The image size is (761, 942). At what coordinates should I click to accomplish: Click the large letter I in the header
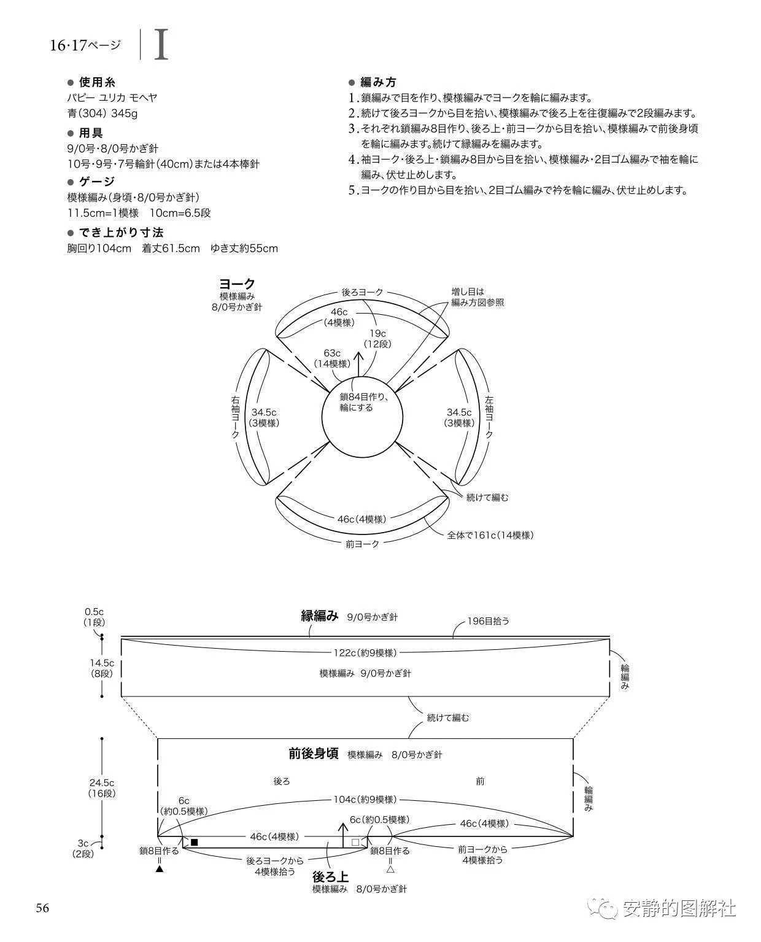point(161,44)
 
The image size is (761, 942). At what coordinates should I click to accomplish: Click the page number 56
point(42,908)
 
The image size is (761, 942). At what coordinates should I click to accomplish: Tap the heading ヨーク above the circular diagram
point(237,284)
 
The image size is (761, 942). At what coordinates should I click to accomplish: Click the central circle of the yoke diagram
point(362,417)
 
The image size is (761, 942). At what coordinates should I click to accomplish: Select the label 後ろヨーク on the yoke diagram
point(362,292)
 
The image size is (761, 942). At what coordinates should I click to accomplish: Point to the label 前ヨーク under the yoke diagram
point(362,544)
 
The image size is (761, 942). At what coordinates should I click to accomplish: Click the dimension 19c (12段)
point(377,339)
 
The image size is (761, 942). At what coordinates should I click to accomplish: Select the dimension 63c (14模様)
point(332,358)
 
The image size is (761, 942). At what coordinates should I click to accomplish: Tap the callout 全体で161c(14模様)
point(490,535)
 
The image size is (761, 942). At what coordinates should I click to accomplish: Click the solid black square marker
point(194,843)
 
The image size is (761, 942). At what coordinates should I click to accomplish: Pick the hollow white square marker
point(355,843)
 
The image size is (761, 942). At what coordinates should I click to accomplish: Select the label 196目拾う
point(489,621)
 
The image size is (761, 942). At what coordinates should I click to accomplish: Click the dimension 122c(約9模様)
point(365,653)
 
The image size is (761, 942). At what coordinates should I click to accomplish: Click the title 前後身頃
point(314,754)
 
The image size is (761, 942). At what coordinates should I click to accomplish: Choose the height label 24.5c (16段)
point(102,788)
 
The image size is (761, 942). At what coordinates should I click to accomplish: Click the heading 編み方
point(378,82)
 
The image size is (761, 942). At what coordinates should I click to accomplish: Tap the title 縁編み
point(320,616)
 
